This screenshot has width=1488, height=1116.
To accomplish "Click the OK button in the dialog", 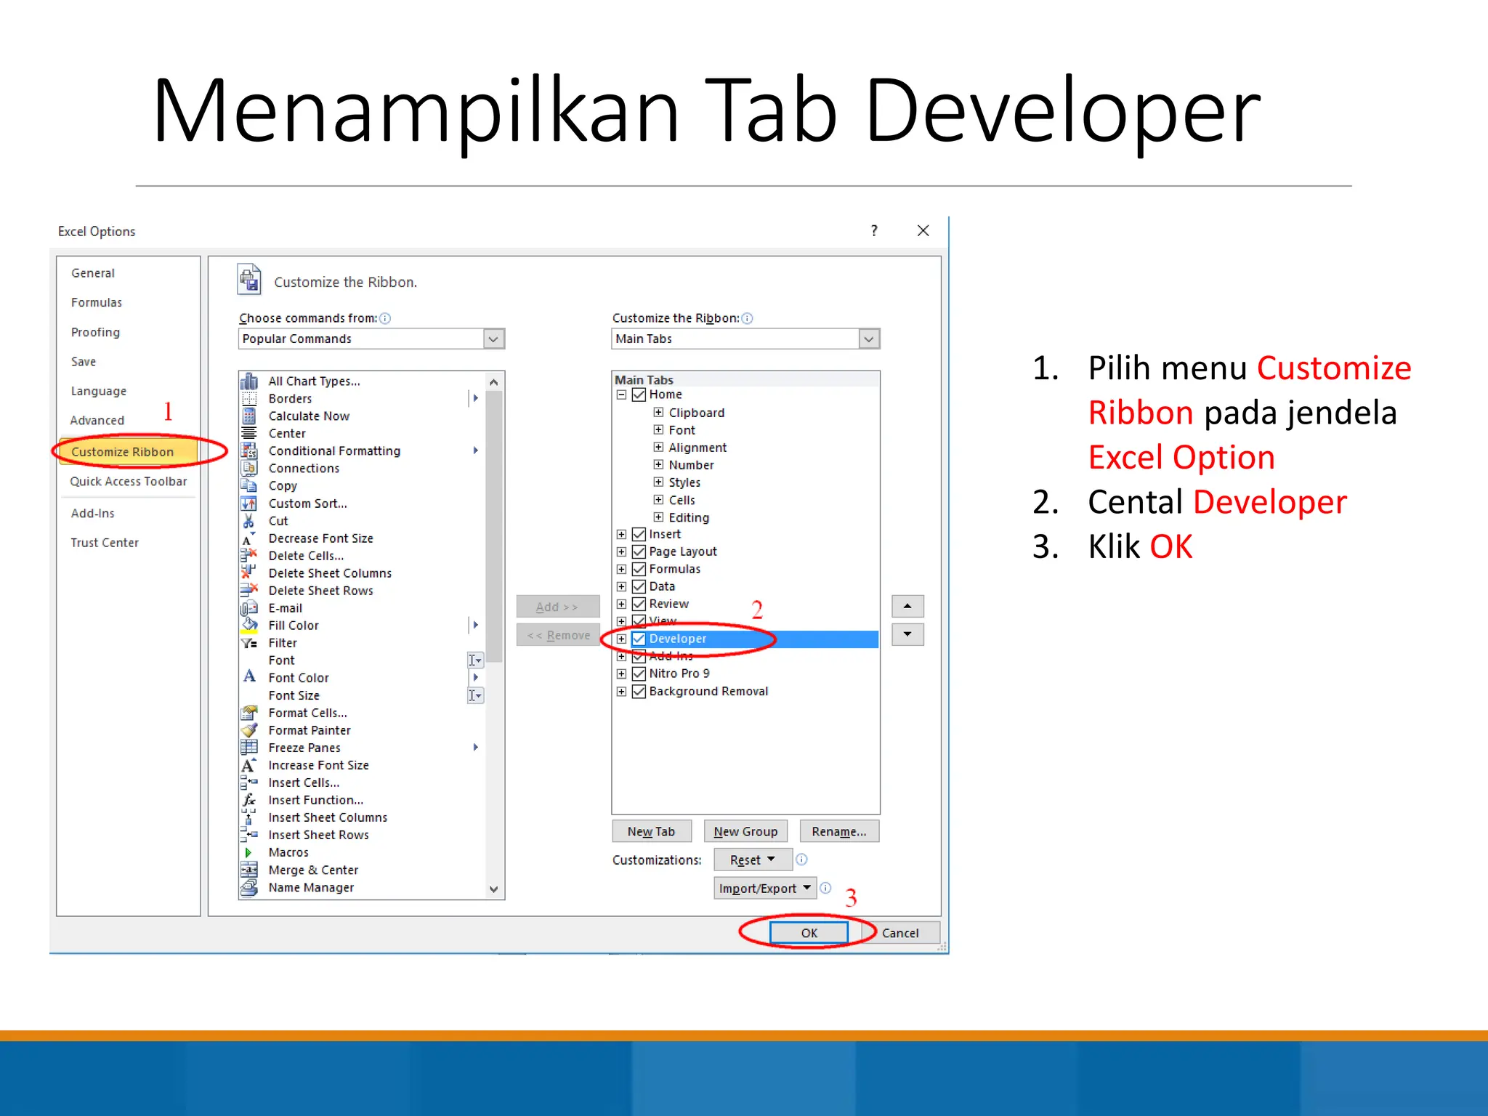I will [809, 933].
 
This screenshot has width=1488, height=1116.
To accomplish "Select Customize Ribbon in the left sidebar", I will [123, 452].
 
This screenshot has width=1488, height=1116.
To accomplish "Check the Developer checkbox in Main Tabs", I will [639, 639].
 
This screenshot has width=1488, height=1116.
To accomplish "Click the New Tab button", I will [651, 831].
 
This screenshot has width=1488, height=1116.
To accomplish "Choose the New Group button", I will [745, 831].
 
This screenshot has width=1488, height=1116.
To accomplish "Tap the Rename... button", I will [839, 831].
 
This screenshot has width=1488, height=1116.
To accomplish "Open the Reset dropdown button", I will [752, 860].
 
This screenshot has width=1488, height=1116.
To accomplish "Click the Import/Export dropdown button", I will [764, 888].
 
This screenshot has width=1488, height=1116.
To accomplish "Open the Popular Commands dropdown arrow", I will [494, 339].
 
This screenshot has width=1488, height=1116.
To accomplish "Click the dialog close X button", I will [923, 230].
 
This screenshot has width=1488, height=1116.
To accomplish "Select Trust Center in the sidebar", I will [105, 543].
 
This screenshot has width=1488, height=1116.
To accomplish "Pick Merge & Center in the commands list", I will [313, 870].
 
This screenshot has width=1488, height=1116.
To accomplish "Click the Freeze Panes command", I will [304, 748].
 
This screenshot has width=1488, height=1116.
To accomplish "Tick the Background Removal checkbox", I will [639, 691].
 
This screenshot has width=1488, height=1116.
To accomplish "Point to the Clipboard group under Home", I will [696, 413].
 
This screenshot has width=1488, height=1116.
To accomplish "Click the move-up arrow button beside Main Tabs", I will [907, 606].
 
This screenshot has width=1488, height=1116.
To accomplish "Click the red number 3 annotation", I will [851, 898].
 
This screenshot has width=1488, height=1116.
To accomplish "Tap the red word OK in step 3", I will [1170, 546].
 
